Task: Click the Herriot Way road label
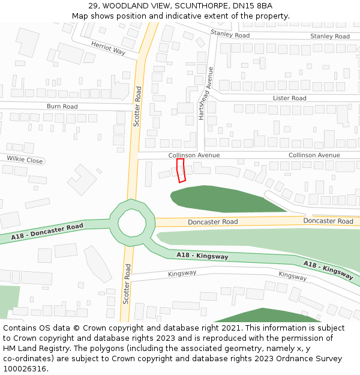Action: pyautogui.click(x=108, y=48)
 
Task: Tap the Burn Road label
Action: pyautogui.click(x=62, y=106)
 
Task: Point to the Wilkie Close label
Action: pyautogui.click(x=25, y=160)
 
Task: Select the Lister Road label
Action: pyautogui.click(x=289, y=98)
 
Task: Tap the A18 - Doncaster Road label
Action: pyautogui.click(x=47, y=233)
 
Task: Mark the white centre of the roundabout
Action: pyautogui.click(x=132, y=223)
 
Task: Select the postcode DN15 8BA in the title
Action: pyautogui.click(x=253, y=6)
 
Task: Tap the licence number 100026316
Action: pyautogui.click(x=25, y=368)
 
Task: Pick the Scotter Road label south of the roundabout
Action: pyautogui.click(x=127, y=283)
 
